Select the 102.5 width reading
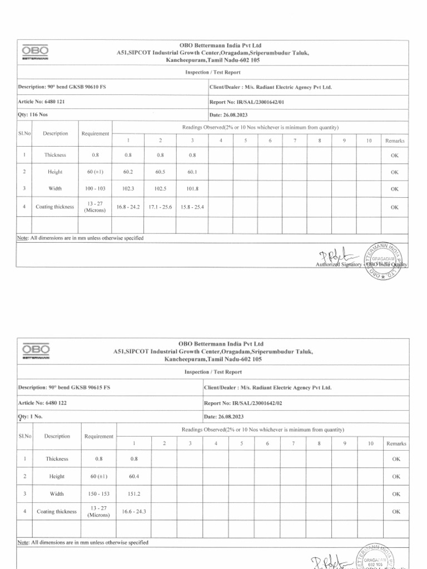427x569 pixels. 160,189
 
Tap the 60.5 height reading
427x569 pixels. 160,172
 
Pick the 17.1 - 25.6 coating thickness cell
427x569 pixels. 160,207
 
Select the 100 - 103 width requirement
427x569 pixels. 96,189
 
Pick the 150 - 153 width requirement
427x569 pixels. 98,493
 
